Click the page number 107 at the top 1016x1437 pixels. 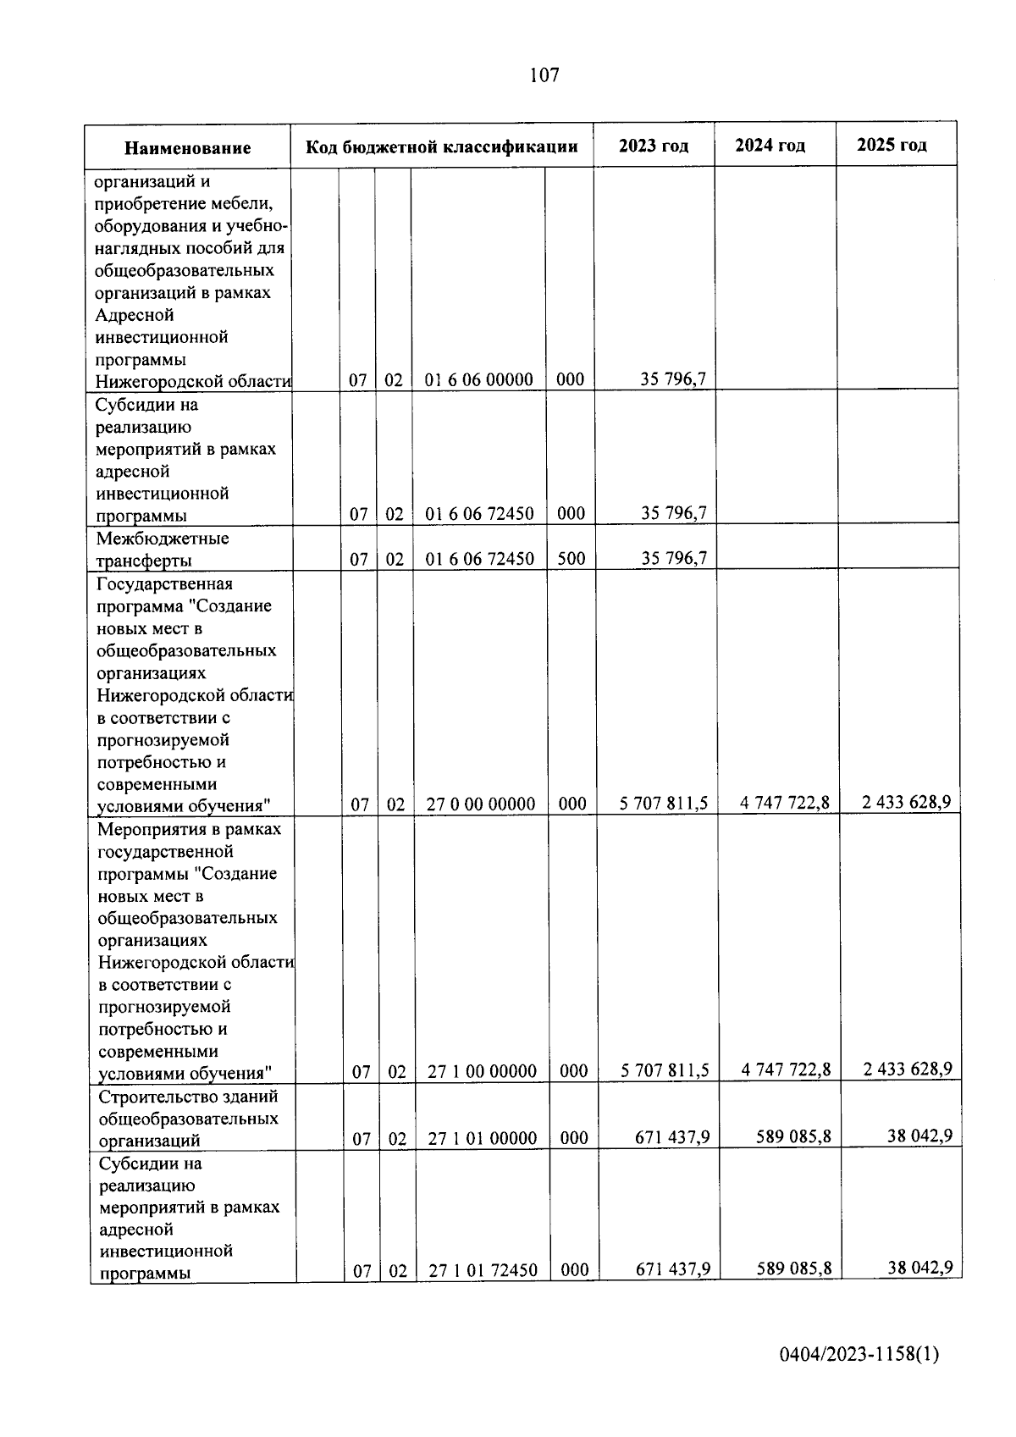coord(544,75)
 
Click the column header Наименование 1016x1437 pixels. coord(187,148)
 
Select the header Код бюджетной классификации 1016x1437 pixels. coord(441,146)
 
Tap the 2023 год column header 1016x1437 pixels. coord(653,146)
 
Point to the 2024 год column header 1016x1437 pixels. coord(770,145)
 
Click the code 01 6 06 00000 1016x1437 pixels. coord(478,379)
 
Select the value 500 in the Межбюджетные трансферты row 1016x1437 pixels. coord(571,558)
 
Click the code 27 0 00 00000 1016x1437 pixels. coord(480,804)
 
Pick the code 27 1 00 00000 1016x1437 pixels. coord(482,1071)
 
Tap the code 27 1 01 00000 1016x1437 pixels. coord(482,1138)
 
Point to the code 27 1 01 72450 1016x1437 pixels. coord(482,1270)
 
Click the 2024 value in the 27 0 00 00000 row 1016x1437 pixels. coord(784,802)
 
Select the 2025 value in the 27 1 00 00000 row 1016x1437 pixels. coord(907,1069)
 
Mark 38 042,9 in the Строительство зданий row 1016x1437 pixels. coord(919,1135)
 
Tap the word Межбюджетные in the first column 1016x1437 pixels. coord(163,539)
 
